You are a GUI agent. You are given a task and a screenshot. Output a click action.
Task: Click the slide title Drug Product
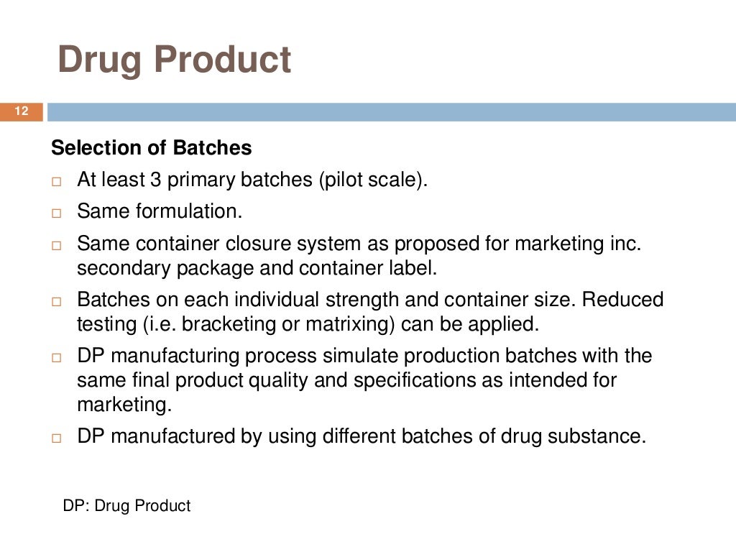(174, 60)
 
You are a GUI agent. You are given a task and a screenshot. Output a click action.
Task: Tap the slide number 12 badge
(21, 111)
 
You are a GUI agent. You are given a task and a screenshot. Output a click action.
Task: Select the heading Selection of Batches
(152, 148)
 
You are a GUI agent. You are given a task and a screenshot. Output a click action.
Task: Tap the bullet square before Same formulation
(57, 213)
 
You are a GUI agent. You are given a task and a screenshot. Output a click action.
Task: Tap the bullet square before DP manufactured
(57, 438)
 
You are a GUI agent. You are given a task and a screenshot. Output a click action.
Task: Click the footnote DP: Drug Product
(126, 506)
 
